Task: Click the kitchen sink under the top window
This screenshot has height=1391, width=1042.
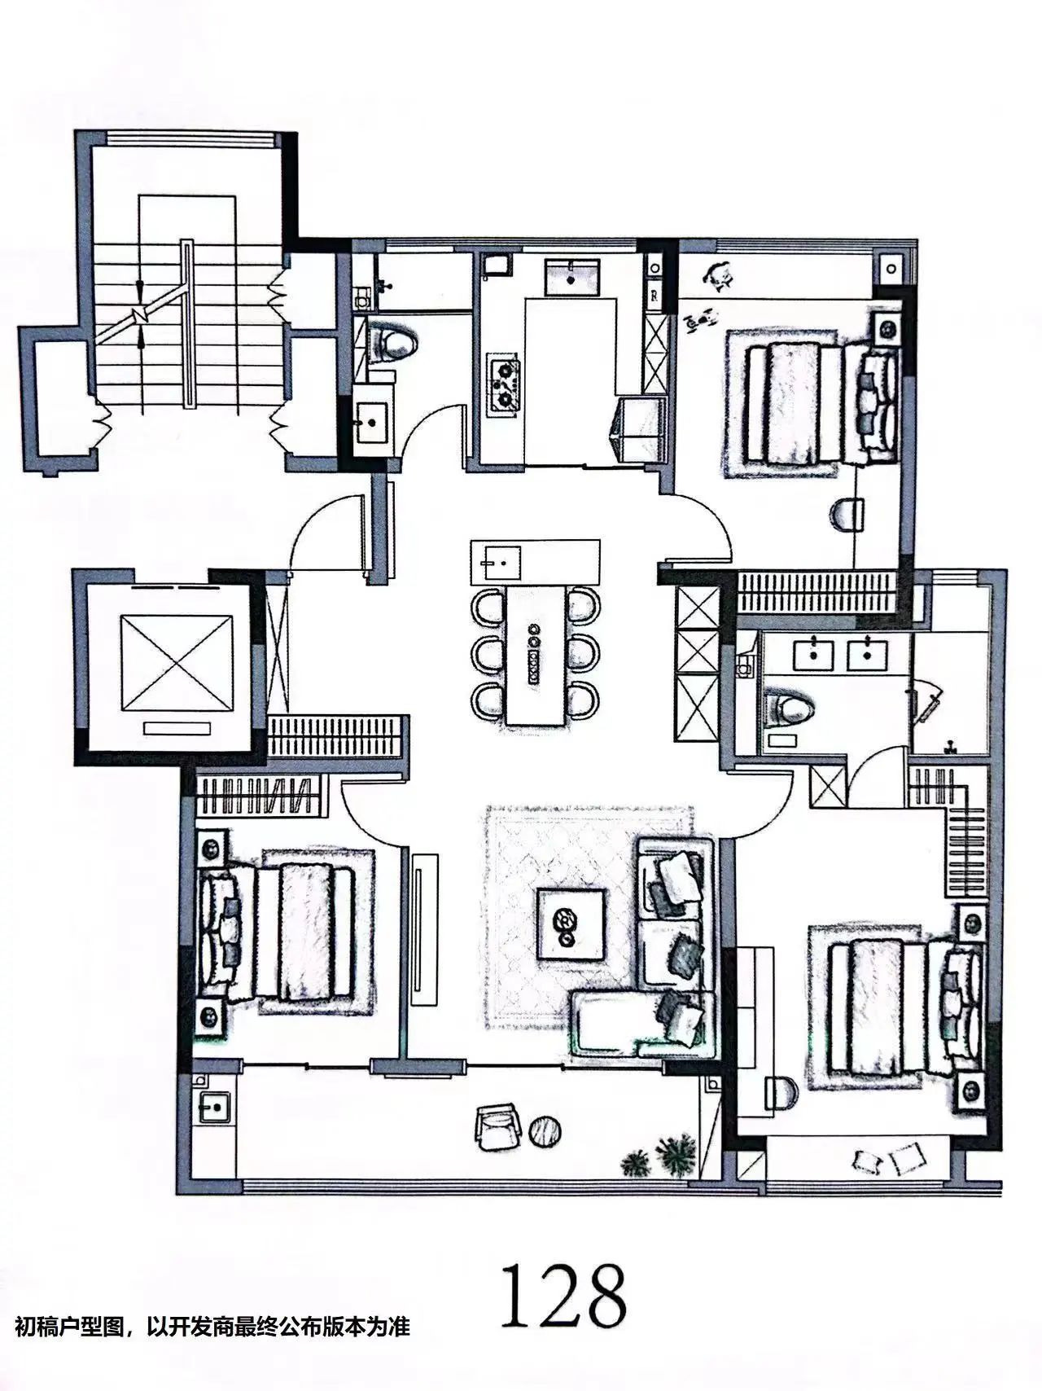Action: tap(573, 276)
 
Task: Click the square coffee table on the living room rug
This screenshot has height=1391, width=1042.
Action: tap(570, 922)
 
